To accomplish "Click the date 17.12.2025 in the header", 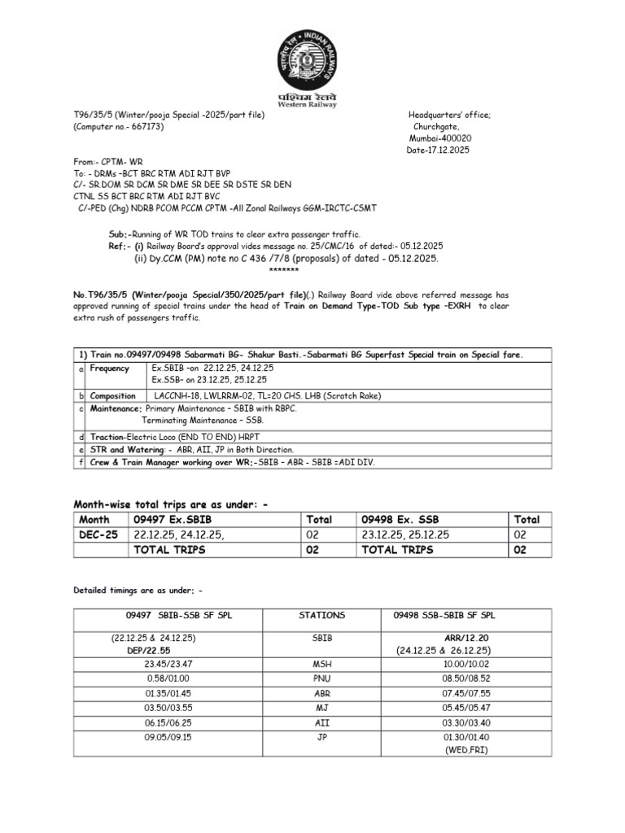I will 438,150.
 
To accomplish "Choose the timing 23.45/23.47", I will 149,664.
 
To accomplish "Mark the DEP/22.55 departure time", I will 149,650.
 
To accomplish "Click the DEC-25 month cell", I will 98,534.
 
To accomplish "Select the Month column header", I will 94,519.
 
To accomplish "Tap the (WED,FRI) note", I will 465,749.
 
